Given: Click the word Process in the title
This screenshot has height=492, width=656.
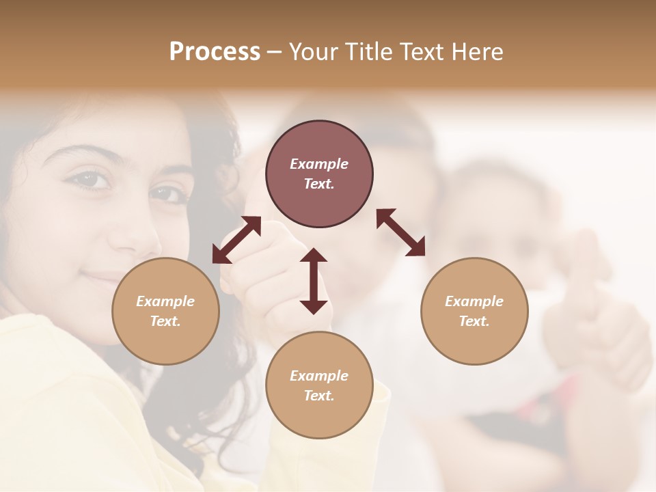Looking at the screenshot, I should click(215, 52).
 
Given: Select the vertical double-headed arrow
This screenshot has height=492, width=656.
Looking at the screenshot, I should click(314, 281).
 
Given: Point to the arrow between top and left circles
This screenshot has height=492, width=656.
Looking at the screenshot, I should click(236, 240).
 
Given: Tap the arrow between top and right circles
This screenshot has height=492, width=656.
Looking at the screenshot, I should click(401, 232).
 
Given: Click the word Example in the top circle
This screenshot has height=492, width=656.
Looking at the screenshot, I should click(319, 164).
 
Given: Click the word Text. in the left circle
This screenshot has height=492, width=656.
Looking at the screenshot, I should click(165, 321).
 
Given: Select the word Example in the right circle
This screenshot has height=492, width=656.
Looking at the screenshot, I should click(474, 301).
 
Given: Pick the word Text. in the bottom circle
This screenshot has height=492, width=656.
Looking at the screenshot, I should click(319, 396).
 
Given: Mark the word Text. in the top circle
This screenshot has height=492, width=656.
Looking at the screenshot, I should click(319, 184).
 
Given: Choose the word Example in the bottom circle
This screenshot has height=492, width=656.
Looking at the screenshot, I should click(319, 376).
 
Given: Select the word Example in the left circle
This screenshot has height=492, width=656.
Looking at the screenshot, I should click(165, 301).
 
